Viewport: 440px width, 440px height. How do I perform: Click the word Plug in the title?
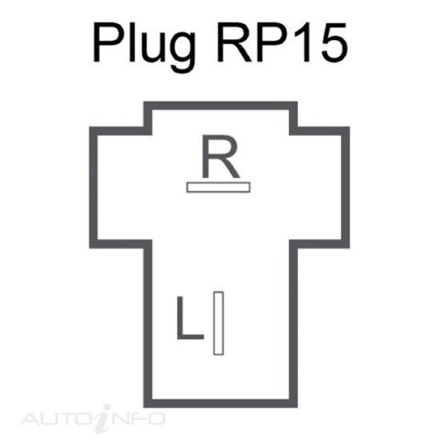(144, 47)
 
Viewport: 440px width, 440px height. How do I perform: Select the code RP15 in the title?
(283, 42)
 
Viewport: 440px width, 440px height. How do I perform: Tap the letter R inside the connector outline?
(220, 156)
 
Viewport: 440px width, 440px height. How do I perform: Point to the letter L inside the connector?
(191, 318)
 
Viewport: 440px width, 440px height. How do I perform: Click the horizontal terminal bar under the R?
(219, 187)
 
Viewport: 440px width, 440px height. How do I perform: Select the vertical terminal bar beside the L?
(219, 323)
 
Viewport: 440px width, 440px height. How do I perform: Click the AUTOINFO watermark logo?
(93, 419)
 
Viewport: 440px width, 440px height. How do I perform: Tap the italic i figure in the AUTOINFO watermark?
(104, 419)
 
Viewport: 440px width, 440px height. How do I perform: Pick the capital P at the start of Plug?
(109, 42)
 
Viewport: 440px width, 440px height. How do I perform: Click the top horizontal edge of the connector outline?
(220, 106)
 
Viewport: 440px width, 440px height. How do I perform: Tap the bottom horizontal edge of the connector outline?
(220, 403)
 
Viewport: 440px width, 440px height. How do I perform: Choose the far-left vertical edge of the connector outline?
(93, 187)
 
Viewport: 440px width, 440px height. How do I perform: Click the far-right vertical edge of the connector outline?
(345, 187)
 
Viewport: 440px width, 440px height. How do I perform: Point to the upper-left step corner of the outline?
(148, 131)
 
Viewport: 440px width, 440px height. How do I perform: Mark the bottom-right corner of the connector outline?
(294, 403)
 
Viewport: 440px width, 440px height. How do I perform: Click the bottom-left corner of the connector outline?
(148, 403)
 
